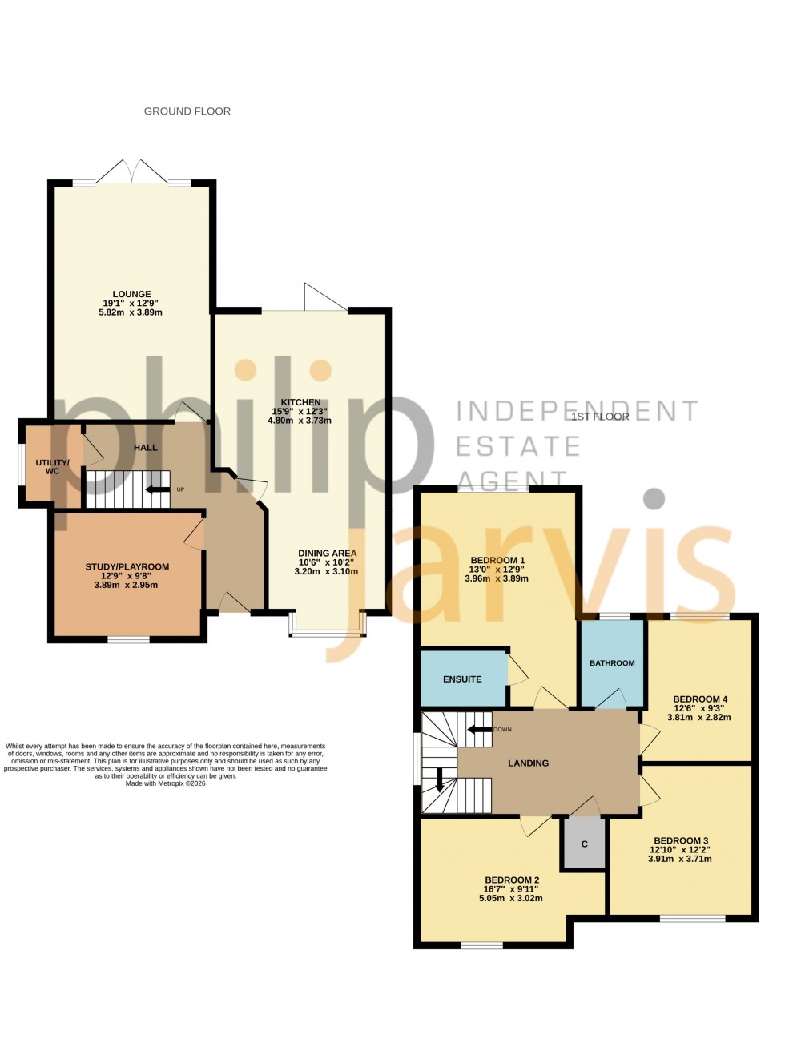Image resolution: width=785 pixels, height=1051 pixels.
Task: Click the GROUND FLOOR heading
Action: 187,111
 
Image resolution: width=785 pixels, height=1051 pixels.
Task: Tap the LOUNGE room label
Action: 131,294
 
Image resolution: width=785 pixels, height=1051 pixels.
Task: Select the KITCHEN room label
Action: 300,402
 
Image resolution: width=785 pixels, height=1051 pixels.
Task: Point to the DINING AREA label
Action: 327,553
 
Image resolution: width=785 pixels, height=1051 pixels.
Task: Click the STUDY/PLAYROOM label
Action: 127,566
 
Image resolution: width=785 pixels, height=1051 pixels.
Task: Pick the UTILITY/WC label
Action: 52,467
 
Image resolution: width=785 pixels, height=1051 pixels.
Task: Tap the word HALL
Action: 146,447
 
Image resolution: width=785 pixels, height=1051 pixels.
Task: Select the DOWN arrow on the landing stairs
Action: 479,729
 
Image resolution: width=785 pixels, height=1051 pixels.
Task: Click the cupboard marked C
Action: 585,844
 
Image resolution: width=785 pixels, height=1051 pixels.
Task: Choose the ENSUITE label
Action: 462,679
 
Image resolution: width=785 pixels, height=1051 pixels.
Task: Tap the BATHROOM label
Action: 612,662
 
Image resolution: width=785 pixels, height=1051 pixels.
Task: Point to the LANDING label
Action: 528,763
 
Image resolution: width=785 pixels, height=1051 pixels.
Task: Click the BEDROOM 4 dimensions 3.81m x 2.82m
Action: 698,718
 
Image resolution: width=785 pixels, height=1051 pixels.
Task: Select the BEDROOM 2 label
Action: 512,880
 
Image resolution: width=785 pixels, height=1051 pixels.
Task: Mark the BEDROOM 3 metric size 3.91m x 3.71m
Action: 679,859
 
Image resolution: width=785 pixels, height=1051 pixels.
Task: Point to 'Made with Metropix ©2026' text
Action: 165,783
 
